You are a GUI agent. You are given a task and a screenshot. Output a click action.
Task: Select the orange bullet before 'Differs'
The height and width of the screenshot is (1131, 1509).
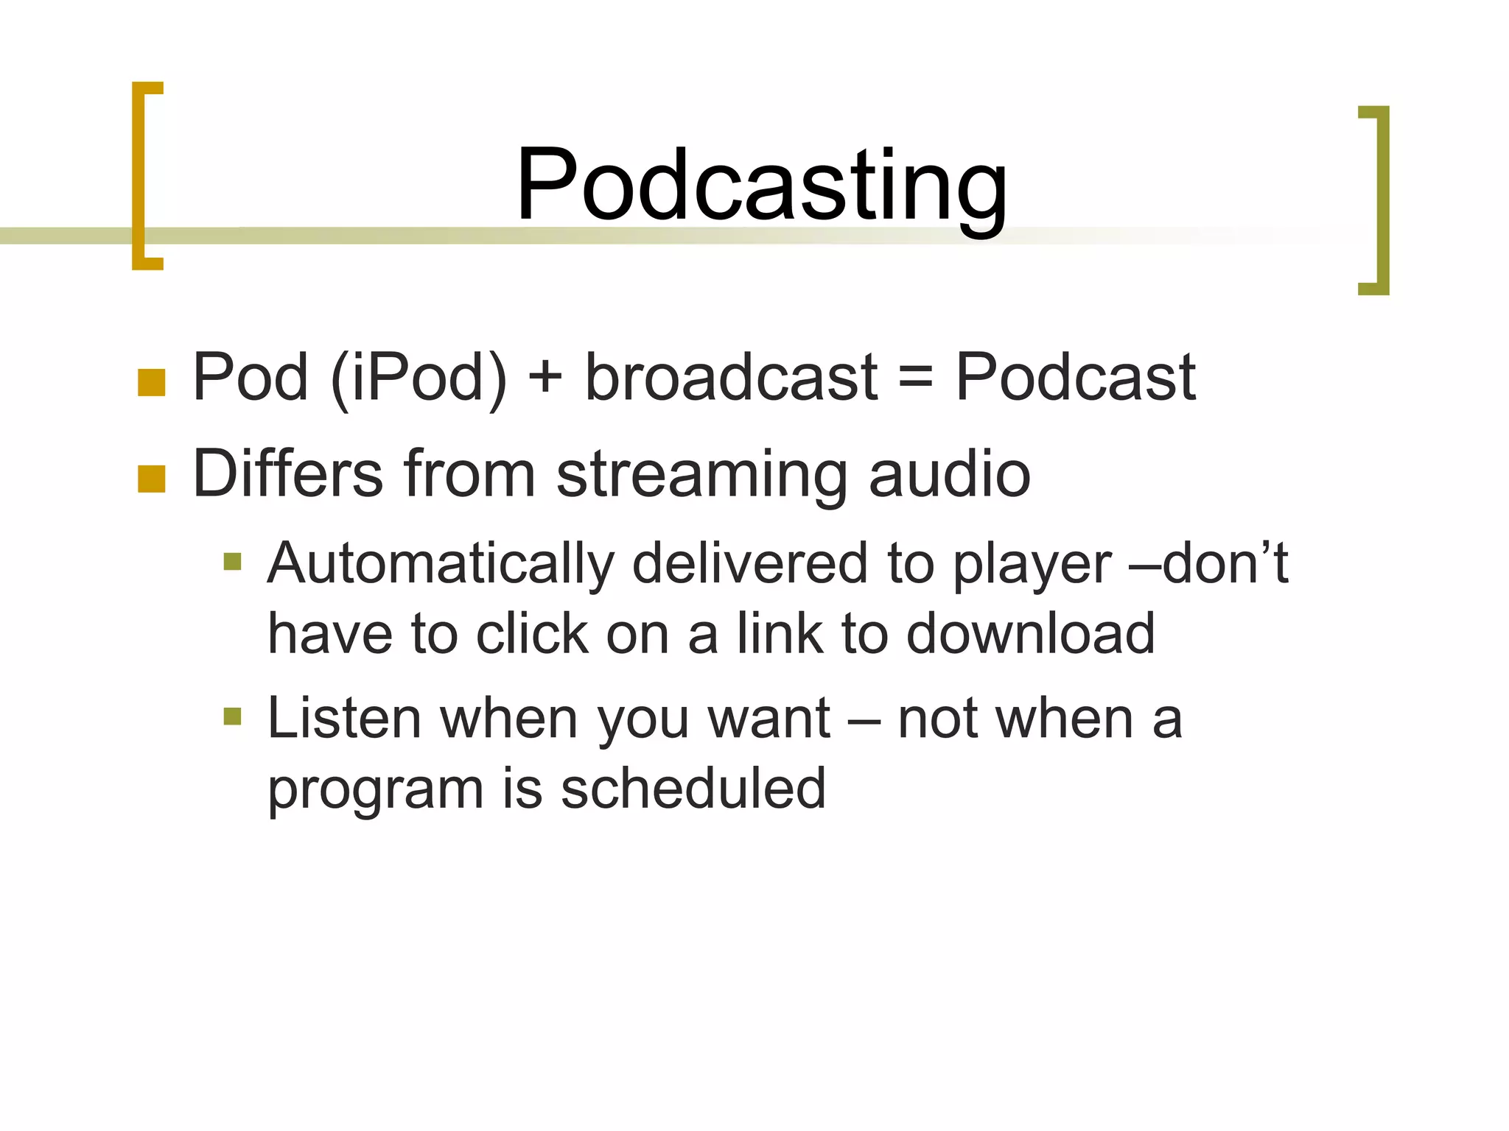[x=151, y=478]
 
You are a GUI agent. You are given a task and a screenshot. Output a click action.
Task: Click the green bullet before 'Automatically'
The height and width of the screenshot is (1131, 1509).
[x=232, y=562]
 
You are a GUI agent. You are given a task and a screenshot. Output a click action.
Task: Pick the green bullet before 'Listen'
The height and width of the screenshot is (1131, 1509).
[x=232, y=716]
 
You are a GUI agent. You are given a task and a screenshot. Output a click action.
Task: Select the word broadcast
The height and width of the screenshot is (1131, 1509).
[x=731, y=377]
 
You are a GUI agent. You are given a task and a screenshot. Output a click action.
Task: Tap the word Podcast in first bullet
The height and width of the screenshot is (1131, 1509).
[x=1075, y=377]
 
